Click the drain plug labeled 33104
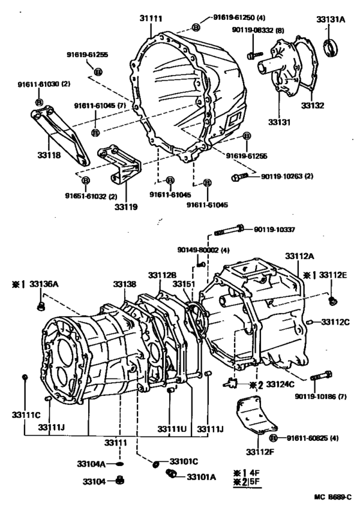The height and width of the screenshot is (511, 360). (x=120, y=480)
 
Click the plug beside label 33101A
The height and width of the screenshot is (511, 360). (x=172, y=474)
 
